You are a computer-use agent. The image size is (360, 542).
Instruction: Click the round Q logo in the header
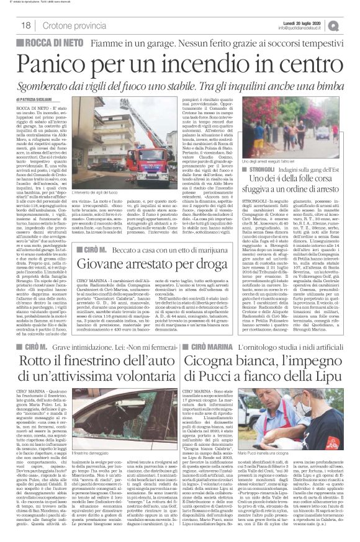(352, 25)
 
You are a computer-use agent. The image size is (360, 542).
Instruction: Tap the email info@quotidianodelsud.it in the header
(313, 29)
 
